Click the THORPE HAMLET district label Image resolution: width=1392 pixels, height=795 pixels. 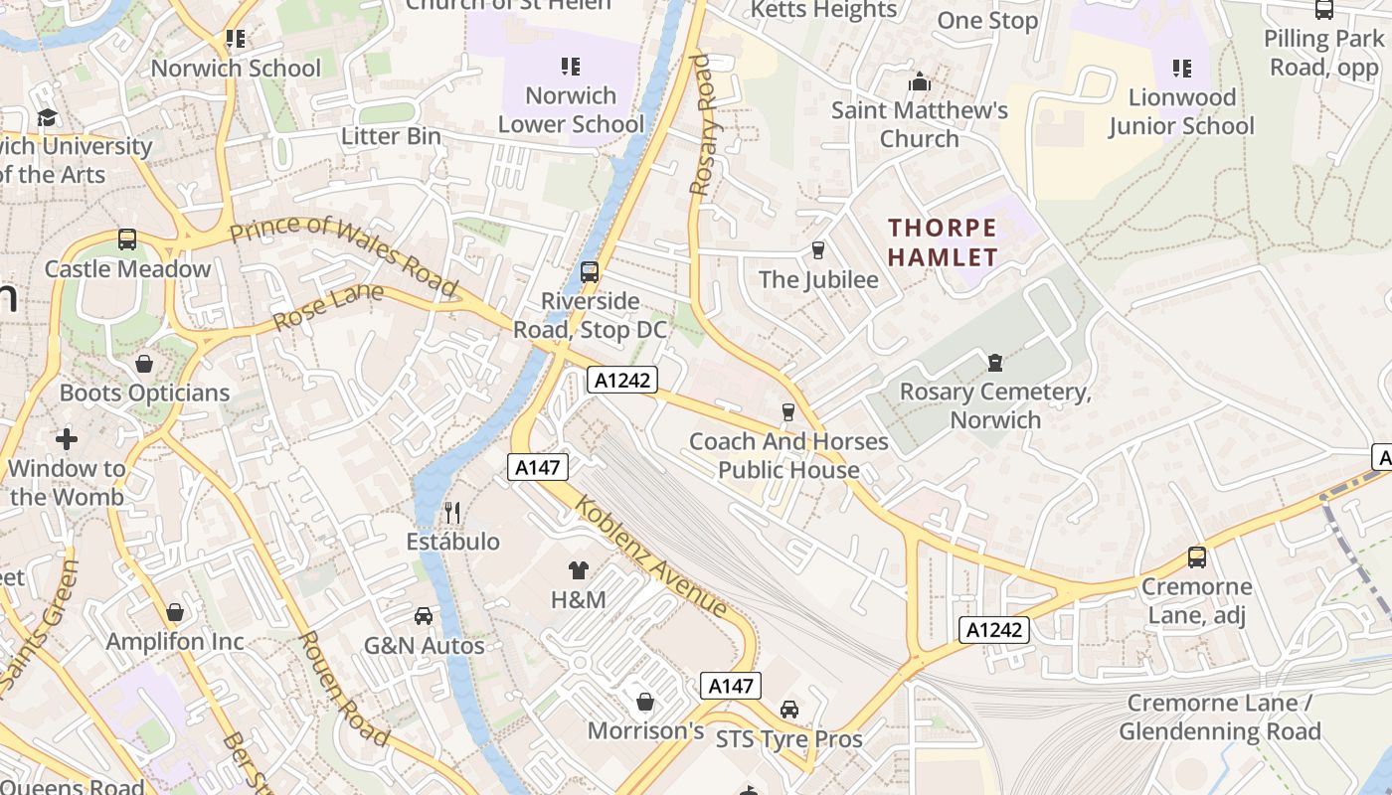pos(942,242)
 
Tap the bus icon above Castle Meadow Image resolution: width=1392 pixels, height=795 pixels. pos(127,239)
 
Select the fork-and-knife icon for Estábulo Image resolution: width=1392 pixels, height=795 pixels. pos(452,513)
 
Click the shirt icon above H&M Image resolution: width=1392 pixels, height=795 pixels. pos(579,570)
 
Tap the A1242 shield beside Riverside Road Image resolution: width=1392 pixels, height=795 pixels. pos(622,380)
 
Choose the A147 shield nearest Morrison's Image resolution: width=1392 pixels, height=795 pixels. pos(731,685)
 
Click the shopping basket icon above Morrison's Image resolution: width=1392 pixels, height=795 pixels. pos(645,702)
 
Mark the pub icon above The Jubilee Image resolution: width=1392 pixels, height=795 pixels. pos(818,249)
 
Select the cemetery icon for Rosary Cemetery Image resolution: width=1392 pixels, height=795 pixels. pos(995,363)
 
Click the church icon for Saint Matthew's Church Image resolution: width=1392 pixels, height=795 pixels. pos(920,81)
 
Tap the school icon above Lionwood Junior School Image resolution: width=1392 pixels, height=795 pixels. pos(1181,69)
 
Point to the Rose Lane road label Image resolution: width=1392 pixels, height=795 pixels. pos(327,307)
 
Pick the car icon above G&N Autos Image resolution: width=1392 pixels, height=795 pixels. pos(424,616)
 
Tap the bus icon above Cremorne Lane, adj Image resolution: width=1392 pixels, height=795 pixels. pos(1197,557)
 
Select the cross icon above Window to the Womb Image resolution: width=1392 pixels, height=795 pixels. pos(67,438)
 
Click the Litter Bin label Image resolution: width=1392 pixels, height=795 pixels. pos(391,136)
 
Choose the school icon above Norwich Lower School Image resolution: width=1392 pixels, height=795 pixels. pos(571,67)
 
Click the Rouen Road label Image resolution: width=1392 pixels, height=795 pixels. pos(343,688)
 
